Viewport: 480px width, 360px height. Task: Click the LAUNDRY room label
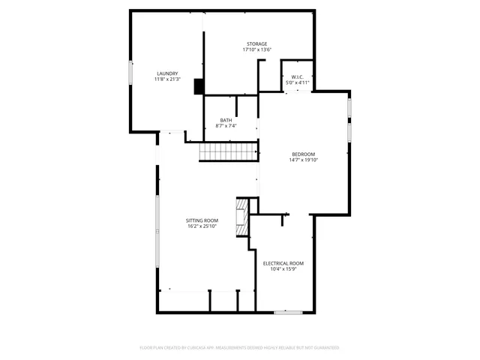tap(166, 73)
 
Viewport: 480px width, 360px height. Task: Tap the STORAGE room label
tap(257, 44)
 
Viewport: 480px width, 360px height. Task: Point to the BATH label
tap(226, 121)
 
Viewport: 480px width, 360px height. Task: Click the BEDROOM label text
tap(303, 154)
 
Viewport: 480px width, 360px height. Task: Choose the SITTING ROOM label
tap(202, 220)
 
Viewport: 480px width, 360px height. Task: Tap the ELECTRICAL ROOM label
tap(283, 263)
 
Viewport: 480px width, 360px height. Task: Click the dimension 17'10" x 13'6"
tap(257, 50)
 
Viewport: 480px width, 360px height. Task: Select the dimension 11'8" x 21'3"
tap(166, 79)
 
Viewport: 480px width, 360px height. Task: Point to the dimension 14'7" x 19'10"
tap(303, 160)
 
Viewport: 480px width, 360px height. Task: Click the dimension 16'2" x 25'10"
tap(202, 226)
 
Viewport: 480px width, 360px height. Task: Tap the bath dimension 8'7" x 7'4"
tap(226, 126)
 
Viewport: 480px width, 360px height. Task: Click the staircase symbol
tap(228, 152)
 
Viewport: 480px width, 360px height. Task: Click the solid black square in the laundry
tap(199, 87)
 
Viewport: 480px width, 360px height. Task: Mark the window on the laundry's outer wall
tap(131, 71)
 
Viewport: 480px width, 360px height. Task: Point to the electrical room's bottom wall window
tap(287, 311)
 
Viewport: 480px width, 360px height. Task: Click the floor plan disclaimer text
tap(240, 348)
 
